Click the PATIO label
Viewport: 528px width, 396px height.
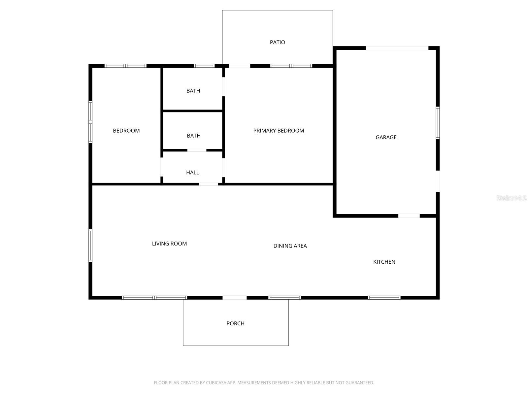point(277,42)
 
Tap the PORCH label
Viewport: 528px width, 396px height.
point(235,323)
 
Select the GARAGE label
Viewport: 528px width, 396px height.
point(386,137)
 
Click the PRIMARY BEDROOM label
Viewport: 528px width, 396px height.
point(279,131)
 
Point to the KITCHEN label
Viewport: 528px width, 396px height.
point(384,262)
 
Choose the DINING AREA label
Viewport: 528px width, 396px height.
point(290,246)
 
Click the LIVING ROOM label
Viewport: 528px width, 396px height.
point(169,244)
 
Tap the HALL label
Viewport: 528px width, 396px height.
point(192,173)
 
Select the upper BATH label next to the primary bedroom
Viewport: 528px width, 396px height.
point(193,91)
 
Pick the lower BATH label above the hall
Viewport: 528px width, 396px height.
point(194,136)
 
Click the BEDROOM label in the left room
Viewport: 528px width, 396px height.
point(126,131)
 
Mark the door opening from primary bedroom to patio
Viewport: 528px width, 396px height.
point(240,66)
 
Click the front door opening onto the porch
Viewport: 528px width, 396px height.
point(235,298)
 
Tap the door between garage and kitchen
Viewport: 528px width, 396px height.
point(409,216)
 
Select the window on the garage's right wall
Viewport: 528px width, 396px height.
point(438,123)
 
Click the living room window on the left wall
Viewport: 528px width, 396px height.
point(90,246)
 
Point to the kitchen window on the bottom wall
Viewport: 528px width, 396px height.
point(384,298)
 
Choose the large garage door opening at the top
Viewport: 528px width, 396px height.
point(397,48)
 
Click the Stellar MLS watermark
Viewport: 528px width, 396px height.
point(511,198)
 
